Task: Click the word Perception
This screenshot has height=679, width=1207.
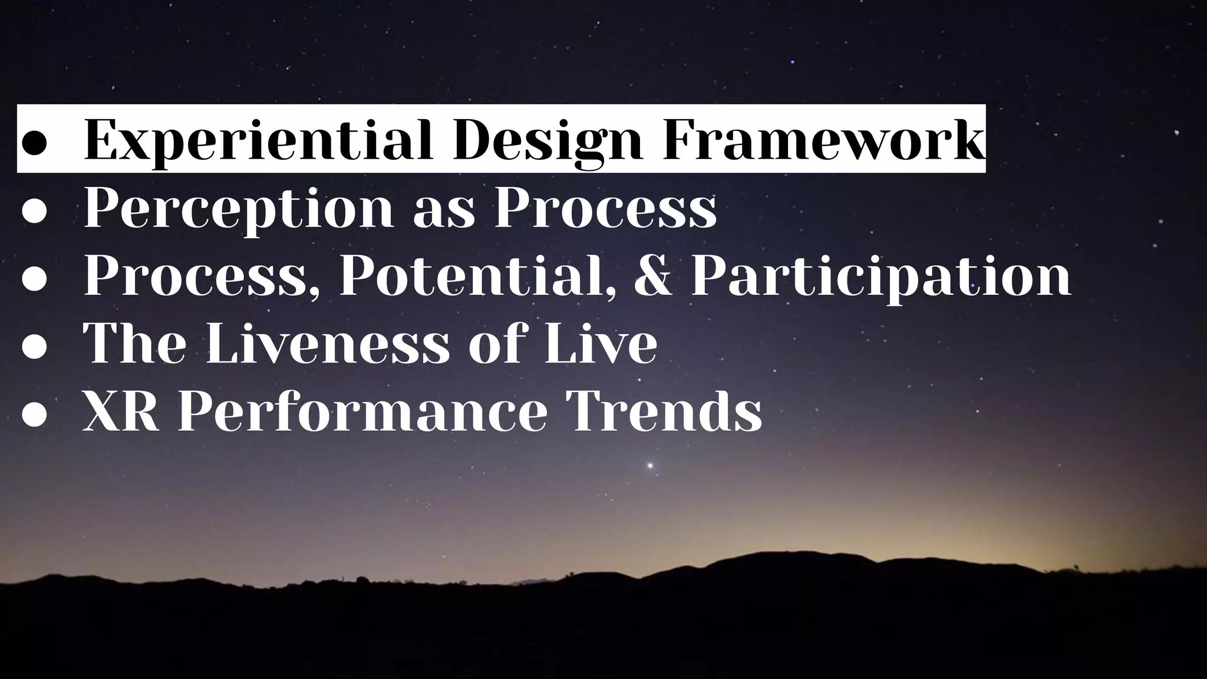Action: click(238, 208)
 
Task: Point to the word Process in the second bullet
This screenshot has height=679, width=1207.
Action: click(605, 208)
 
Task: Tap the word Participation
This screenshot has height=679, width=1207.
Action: click(880, 276)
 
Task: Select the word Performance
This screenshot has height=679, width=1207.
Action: click(362, 411)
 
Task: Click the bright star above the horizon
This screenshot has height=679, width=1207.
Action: click(651, 466)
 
